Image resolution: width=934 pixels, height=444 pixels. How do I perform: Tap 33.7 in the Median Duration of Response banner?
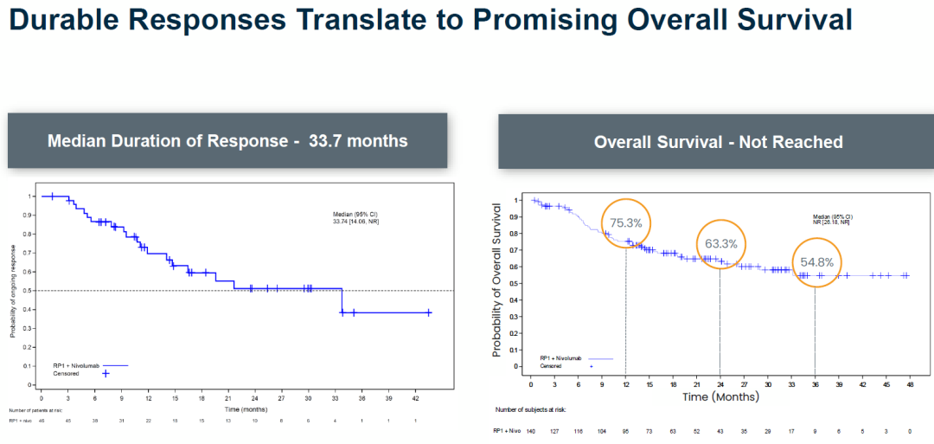point(328,140)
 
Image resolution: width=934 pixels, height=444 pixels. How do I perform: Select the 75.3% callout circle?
point(625,222)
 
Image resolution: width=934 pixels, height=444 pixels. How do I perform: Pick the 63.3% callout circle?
point(720,243)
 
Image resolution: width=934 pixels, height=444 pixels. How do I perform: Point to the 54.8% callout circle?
point(816,262)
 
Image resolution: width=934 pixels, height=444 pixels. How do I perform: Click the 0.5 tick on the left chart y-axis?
point(29,290)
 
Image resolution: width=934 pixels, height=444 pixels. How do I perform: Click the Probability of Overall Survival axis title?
point(497,280)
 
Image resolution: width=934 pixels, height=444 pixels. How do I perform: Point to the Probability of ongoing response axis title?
point(12,291)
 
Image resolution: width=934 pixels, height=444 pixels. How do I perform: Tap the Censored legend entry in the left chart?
point(67,373)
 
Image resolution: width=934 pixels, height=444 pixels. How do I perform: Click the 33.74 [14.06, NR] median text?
point(355,222)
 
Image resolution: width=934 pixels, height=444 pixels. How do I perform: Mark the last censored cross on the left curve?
point(428,312)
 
